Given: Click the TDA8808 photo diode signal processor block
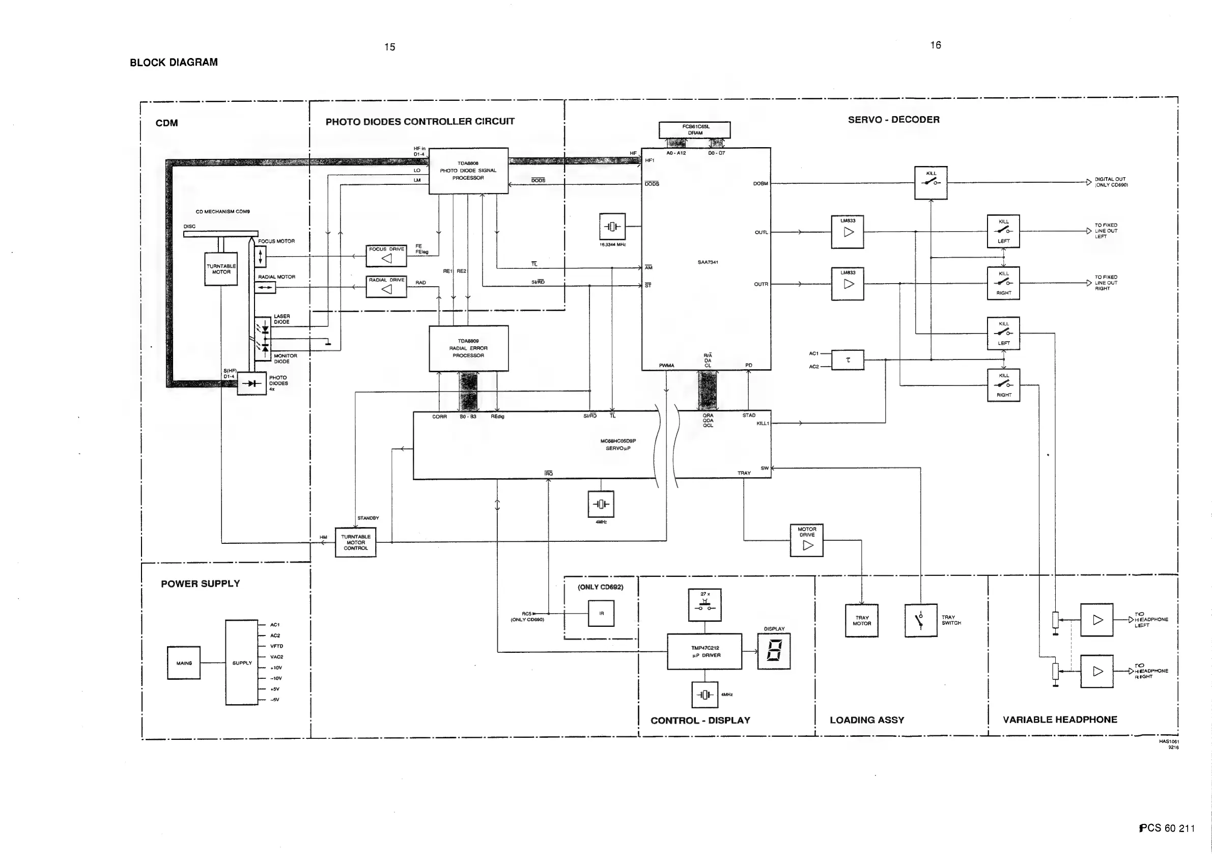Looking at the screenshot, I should [x=468, y=171].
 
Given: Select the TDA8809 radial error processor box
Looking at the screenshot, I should [x=468, y=348].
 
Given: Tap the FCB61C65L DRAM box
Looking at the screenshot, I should [x=695, y=130].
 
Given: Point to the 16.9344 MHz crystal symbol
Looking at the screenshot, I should [x=612, y=227].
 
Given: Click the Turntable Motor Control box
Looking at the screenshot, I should [x=356, y=542].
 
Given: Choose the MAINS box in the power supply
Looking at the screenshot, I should [x=184, y=662].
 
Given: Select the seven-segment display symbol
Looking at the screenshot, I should [x=774, y=651].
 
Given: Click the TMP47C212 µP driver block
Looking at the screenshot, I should [x=704, y=652].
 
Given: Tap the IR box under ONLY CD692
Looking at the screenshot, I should [x=601, y=614].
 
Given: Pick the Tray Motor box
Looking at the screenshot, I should [x=861, y=620].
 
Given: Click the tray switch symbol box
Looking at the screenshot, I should [x=921, y=620].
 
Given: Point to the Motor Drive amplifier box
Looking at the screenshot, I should [x=807, y=540].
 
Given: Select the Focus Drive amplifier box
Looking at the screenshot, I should [x=386, y=256].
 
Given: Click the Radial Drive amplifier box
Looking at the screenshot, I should [x=386, y=287].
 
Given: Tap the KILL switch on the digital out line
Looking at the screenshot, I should [x=931, y=183].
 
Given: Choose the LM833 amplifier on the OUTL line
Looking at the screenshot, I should [x=848, y=232].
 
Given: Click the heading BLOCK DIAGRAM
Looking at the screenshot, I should [x=174, y=62].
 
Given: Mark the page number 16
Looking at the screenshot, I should [x=936, y=45].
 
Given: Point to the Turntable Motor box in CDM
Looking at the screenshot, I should [x=221, y=269].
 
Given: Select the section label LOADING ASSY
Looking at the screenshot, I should [x=867, y=720].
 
